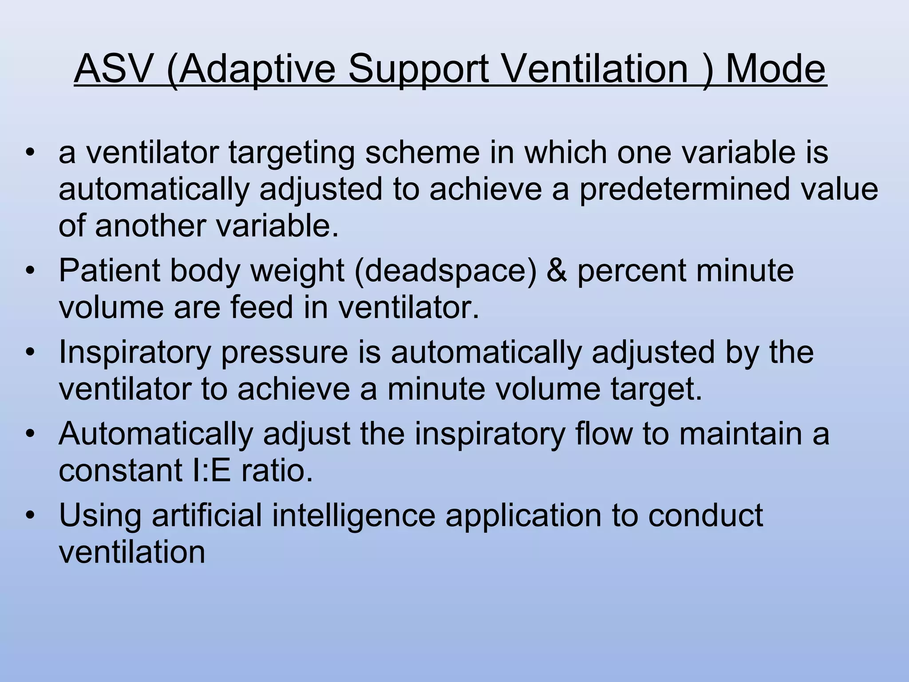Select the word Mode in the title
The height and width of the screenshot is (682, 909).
[775, 69]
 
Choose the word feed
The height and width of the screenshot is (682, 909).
[261, 307]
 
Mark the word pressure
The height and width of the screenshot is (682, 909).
[284, 353]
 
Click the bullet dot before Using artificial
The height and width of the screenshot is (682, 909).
[30, 515]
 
